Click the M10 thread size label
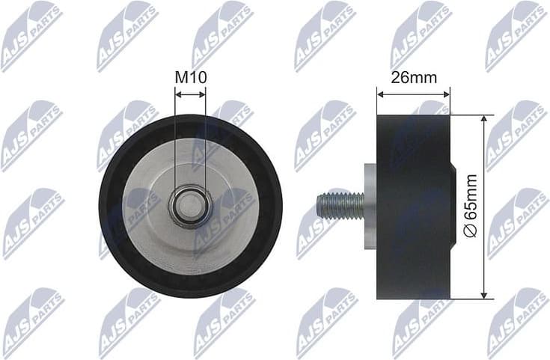[x=190, y=77]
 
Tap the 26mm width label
[x=414, y=77]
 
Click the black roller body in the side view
[x=414, y=206]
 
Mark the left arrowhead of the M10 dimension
[x=178, y=94]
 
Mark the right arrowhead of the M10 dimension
[x=202, y=94]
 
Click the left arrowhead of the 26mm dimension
[x=380, y=94]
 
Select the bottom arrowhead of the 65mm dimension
[x=484, y=293]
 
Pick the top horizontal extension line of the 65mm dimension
[x=471, y=115]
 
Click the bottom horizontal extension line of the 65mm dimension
[x=471, y=297]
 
